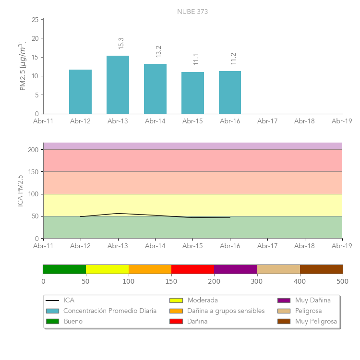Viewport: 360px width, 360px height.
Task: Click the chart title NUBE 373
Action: tap(192, 12)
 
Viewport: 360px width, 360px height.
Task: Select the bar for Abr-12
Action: tap(80, 92)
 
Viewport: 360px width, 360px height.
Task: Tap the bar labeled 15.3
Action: tap(118, 85)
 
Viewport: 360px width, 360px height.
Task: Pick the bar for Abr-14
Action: tap(155, 89)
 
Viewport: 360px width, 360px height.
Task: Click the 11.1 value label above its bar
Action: tap(196, 60)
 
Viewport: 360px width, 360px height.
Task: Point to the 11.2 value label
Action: tap(233, 59)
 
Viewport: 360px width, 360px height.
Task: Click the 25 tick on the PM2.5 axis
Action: tap(35, 20)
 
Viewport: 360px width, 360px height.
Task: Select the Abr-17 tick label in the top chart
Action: tap(267, 121)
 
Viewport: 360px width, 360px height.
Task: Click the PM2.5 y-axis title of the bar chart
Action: tap(22, 66)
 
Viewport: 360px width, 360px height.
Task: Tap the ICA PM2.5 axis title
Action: tap(21, 191)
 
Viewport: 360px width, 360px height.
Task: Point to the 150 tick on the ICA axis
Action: tap(33, 172)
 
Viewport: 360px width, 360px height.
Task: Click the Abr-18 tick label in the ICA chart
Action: tap(305, 246)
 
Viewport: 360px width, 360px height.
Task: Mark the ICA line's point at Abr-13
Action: tap(118, 213)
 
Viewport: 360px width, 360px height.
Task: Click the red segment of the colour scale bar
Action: tap(192, 269)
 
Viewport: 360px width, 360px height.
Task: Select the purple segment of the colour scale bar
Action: tap(235, 269)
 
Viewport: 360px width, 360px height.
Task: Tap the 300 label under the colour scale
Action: tap(257, 281)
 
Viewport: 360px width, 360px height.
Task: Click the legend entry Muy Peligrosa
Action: tap(316, 321)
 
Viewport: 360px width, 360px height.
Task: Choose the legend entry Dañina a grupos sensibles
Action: tap(226, 311)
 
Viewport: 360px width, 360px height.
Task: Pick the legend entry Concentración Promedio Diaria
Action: tap(110, 311)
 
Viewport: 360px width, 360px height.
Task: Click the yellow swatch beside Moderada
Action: tap(176, 300)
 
